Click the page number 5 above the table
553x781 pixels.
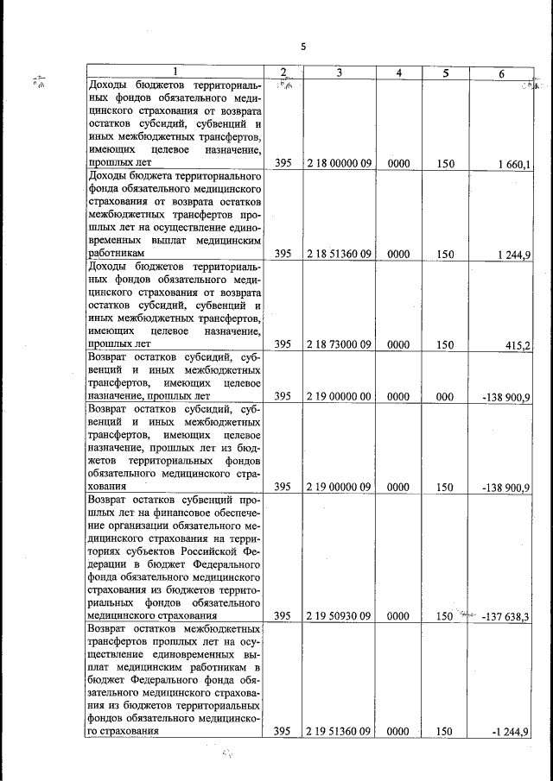(302, 47)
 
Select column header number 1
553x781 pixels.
(176, 72)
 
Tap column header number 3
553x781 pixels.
(339, 72)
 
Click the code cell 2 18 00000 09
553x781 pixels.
(339, 162)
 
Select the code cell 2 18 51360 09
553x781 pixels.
(339, 254)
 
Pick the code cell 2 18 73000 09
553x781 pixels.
(339, 344)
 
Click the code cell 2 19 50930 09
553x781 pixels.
(339, 616)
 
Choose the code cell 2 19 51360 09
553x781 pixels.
(339, 731)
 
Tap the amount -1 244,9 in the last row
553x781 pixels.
(511, 731)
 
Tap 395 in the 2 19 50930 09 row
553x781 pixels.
(282, 616)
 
